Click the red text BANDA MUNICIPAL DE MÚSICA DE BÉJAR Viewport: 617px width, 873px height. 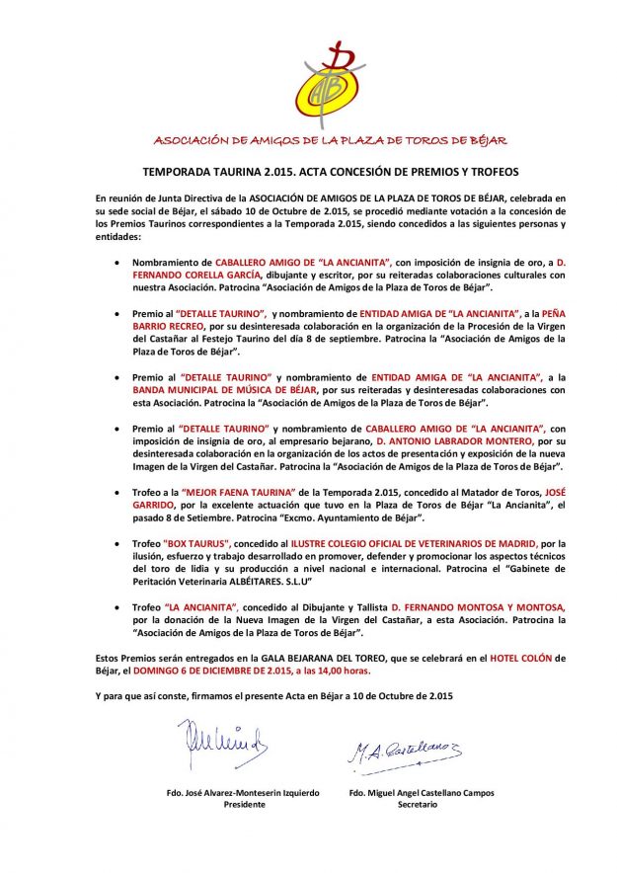(202, 389)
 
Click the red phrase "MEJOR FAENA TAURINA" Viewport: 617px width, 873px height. (224, 491)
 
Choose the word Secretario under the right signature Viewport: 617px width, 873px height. (418, 805)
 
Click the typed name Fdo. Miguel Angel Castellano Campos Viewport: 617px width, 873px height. (422, 792)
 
